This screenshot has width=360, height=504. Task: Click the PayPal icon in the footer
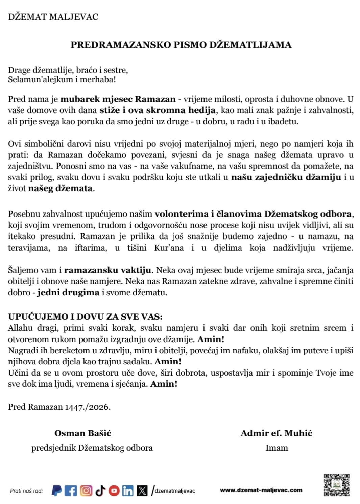click(57, 490)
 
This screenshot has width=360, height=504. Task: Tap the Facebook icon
click(71, 490)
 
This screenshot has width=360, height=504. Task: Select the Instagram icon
click(86, 490)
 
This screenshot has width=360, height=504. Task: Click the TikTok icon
click(100, 490)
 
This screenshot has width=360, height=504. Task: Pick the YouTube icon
click(114, 490)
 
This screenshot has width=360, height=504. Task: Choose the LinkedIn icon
click(128, 490)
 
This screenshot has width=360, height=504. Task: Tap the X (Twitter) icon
click(142, 490)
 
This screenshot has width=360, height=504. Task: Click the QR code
click(336, 485)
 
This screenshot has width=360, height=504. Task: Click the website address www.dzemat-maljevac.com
click(261, 490)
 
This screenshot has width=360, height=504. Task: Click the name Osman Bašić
click(83, 433)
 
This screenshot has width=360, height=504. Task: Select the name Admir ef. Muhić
click(276, 433)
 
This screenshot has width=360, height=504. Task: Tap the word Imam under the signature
click(277, 448)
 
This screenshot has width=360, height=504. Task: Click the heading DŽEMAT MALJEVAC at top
click(53, 17)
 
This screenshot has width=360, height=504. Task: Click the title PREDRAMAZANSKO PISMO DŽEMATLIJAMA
click(181, 45)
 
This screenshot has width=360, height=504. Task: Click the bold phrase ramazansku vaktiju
click(107, 270)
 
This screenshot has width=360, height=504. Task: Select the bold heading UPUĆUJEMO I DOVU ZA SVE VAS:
click(85, 317)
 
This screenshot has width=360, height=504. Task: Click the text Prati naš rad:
click(26, 491)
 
